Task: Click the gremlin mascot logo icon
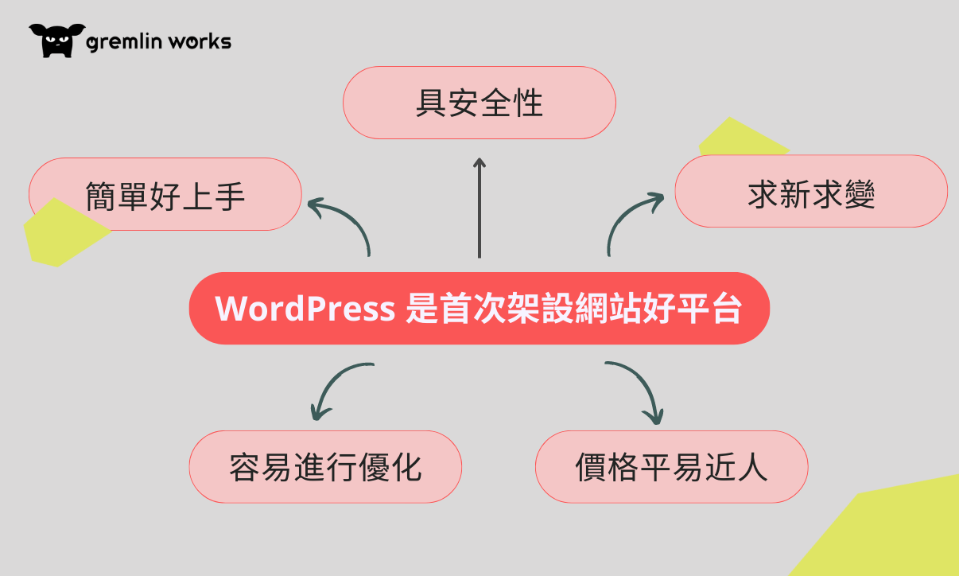coord(57,41)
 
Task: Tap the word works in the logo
coord(200,41)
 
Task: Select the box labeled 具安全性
coord(479,103)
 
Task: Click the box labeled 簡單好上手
coord(165,193)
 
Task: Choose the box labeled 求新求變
coord(811,191)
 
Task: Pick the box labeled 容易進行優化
coord(325,466)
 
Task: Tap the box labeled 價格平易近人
coord(671,466)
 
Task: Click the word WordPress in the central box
coord(305,309)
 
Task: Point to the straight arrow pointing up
coord(479,208)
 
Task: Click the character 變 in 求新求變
coord(860,194)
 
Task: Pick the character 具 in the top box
coord(432,103)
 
